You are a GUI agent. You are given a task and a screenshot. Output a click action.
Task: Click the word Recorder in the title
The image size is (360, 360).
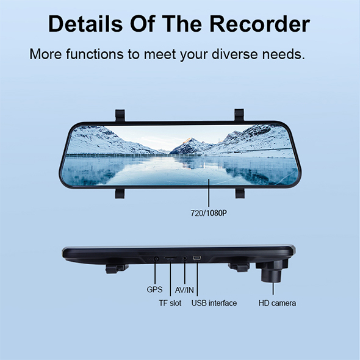pyautogui.click(x=260, y=24)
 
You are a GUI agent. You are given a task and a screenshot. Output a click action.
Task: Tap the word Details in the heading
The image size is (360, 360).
pyautogui.click(x=85, y=24)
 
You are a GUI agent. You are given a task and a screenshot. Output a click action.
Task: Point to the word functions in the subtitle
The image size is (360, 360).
pyautogui.click(x=95, y=54)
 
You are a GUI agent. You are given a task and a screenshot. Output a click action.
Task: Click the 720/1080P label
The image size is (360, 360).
pyautogui.click(x=209, y=213)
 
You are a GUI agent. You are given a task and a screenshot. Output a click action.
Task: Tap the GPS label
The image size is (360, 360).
pyautogui.click(x=154, y=289)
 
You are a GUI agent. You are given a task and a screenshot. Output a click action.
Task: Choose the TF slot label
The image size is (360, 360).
pyautogui.click(x=170, y=303)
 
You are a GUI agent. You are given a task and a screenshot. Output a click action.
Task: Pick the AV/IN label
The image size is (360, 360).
pyautogui.click(x=184, y=290)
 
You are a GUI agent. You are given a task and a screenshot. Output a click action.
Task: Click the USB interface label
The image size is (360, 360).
pyautogui.click(x=214, y=303)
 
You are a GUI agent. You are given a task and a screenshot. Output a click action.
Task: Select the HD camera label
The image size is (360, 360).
pyautogui.click(x=277, y=303)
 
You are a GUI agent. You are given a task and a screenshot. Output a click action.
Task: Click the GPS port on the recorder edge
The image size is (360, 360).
pyautogui.click(x=156, y=259)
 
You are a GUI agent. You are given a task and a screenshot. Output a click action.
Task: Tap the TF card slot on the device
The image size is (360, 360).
pyautogui.click(x=170, y=259)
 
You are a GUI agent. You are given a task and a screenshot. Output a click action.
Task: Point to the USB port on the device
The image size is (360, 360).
pyautogui.click(x=197, y=258)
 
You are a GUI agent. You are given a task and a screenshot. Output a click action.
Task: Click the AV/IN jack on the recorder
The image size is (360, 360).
pyautogui.click(x=185, y=259)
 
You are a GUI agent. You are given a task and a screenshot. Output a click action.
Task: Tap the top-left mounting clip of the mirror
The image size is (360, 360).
pyautogui.click(x=120, y=115)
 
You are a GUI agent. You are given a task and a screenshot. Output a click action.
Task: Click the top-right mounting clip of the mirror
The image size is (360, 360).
pyautogui.click(x=239, y=115)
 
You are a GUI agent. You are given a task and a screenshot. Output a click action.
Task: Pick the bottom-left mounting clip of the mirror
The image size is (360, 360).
pyautogui.click(x=120, y=193)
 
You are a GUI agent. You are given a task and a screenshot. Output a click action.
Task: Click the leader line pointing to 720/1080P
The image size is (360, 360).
pyautogui.click(x=209, y=193)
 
